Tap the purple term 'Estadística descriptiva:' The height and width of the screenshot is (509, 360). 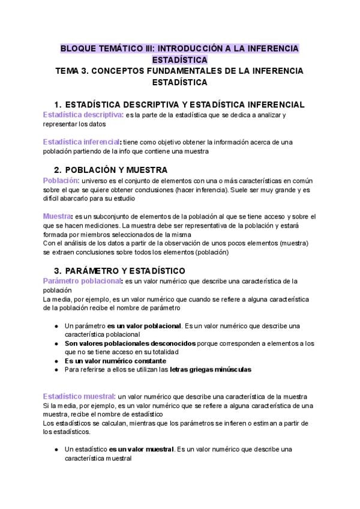[83, 114]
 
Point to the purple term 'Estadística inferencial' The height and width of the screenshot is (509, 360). [80, 142]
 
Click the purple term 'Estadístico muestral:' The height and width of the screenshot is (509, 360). [79, 397]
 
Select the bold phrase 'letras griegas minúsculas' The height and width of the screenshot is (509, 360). [211, 370]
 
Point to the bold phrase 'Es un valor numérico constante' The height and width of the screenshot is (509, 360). [115, 361]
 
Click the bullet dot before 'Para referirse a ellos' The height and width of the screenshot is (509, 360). [55, 370]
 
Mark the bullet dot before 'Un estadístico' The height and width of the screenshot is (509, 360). [55, 449]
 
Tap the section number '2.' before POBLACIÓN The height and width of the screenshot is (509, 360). [58, 170]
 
